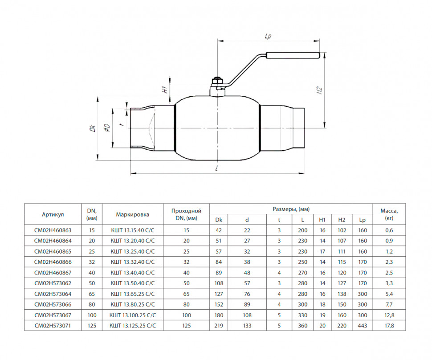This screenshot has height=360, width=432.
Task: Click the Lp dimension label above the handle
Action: [x=268, y=36]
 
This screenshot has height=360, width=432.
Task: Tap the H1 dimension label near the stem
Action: [x=165, y=89]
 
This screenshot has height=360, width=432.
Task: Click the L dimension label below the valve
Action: [x=217, y=168]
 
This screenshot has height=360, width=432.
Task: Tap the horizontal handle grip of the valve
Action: [x=293, y=55]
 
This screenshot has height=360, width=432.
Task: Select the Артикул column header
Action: [x=53, y=214]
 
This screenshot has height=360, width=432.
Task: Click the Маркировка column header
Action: [x=133, y=214]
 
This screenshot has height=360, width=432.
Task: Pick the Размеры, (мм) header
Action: [x=291, y=209]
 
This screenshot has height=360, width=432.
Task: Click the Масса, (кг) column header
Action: [x=389, y=214]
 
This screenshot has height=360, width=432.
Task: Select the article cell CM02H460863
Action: [x=53, y=230]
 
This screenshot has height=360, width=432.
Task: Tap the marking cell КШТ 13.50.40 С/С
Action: [x=133, y=283]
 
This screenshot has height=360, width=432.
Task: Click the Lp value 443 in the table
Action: [x=362, y=326]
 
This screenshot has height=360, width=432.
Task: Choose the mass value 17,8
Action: [x=389, y=326]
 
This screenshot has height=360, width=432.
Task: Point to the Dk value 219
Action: [x=219, y=326]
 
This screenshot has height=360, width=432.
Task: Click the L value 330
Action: [x=302, y=315]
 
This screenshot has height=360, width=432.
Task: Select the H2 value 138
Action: [x=342, y=294]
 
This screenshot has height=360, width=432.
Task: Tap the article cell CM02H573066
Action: [x=53, y=304]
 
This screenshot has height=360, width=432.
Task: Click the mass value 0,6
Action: [x=389, y=230]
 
